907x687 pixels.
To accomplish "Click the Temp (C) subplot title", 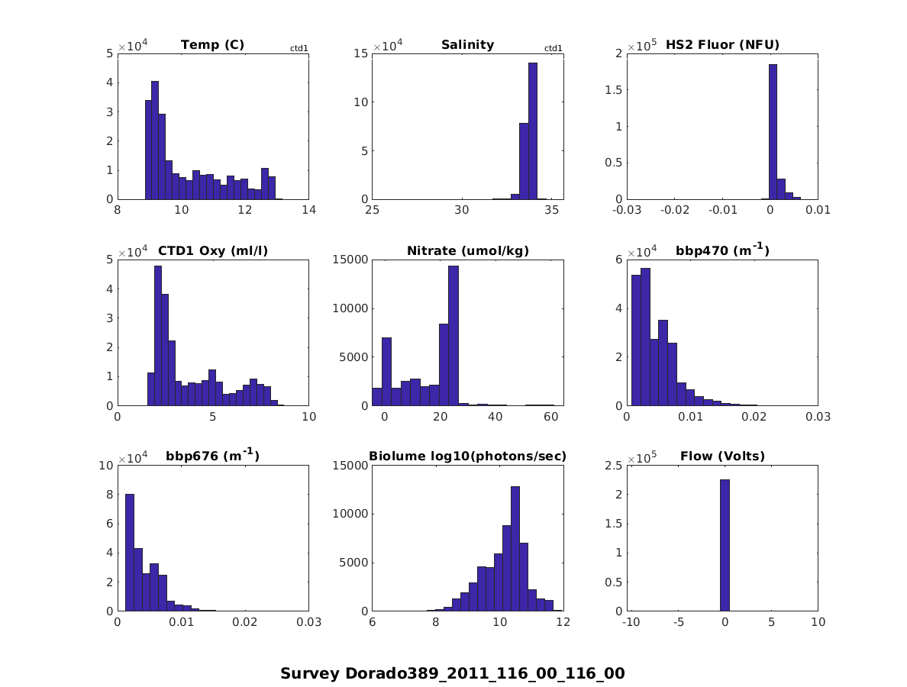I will point(212,45).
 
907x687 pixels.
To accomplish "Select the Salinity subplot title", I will point(467,45).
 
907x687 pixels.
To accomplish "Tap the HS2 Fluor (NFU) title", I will point(722,45).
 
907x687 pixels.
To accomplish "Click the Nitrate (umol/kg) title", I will point(467,251).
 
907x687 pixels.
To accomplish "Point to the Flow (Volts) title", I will point(722,457).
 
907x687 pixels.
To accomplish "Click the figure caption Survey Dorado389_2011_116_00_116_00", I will point(452,674).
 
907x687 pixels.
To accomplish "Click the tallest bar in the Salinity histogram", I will point(533,131).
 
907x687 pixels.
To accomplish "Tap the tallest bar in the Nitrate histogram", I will point(454,336).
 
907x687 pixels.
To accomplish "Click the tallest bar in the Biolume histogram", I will point(515,549).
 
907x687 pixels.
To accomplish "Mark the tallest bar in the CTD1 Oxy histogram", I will point(158,336).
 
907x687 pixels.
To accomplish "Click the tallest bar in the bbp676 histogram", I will point(130,553).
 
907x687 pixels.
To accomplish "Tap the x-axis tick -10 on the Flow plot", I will point(631,622).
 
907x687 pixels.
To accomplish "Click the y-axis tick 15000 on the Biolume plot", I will point(350,465).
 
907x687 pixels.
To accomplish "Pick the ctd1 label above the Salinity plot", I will point(553,49).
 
